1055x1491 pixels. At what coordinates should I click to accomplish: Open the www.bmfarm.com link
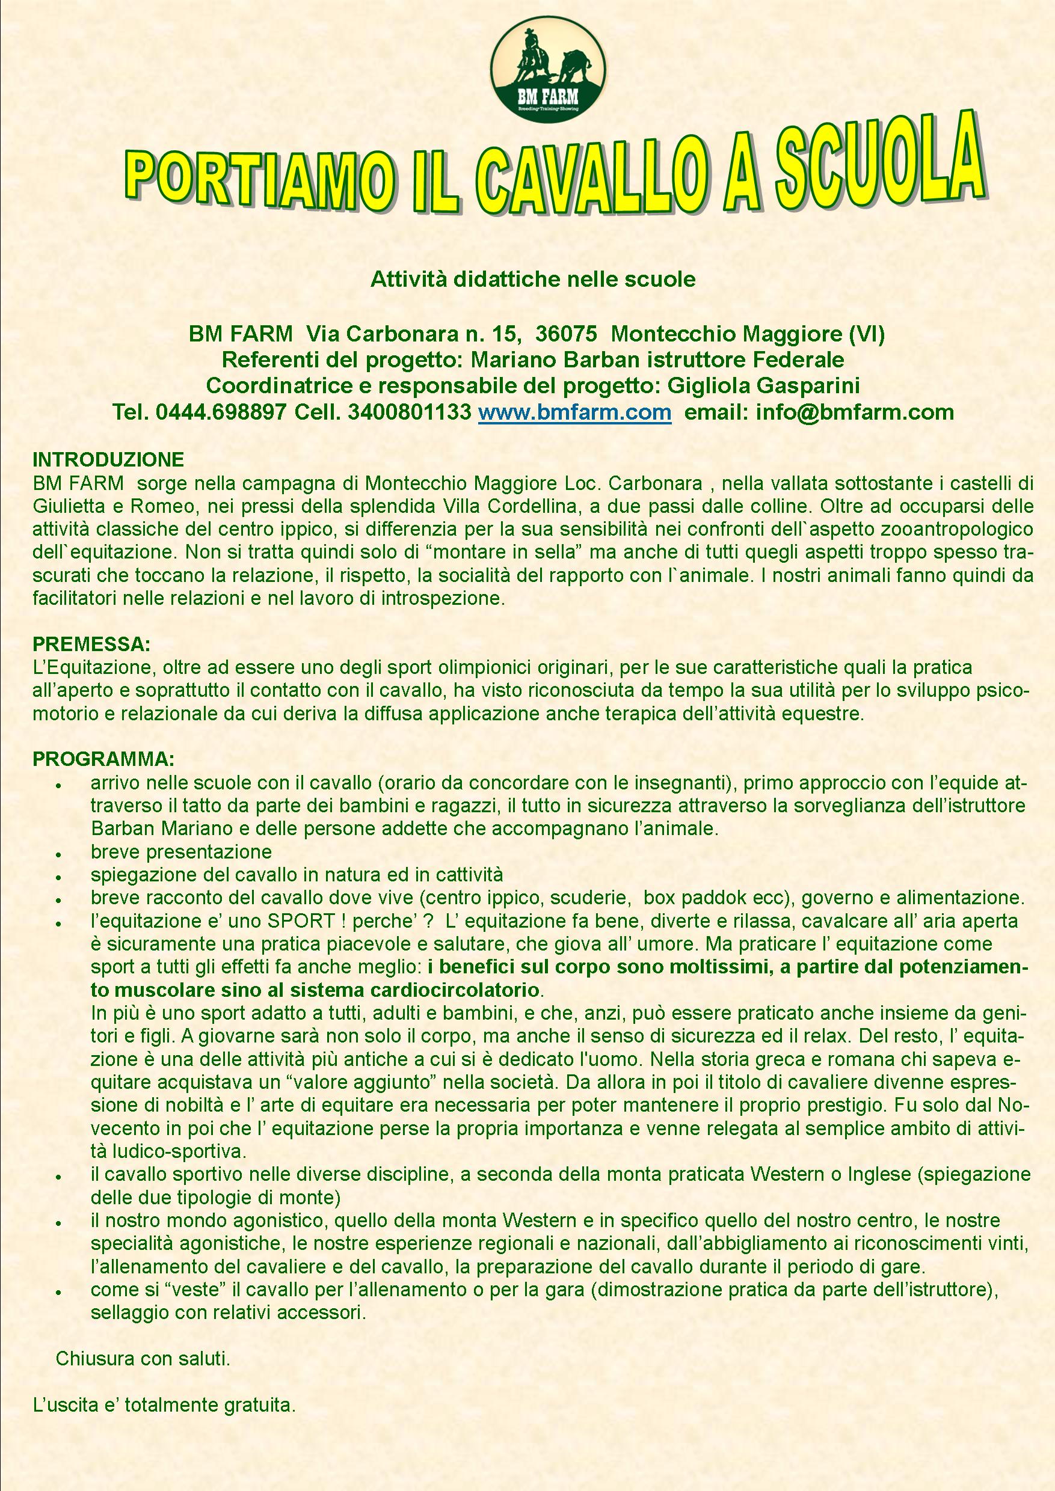click(x=574, y=412)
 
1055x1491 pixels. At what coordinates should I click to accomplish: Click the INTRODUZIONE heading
click(x=108, y=460)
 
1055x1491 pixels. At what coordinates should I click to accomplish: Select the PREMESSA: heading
click(x=91, y=645)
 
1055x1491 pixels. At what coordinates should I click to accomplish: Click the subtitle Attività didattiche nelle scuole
click(x=533, y=279)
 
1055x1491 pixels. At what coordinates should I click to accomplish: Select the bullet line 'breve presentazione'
click(x=181, y=851)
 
